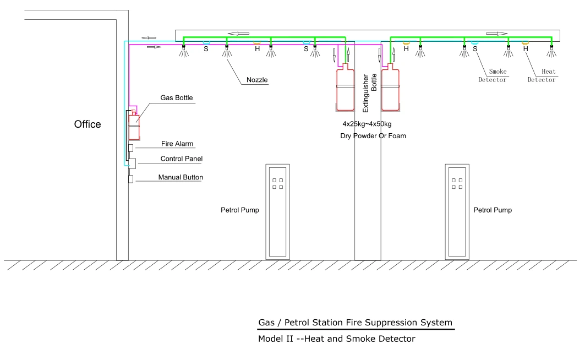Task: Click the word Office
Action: pyautogui.click(x=88, y=124)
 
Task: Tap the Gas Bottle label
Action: pyautogui.click(x=177, y=98)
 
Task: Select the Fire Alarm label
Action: pyautogui.click(x=177, y=144)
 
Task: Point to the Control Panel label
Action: pyautogui.click(x=181, y=159)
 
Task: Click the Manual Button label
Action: pyautogui.click(x=181, y=177)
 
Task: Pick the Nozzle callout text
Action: pyautogui.click(x=256, y=80)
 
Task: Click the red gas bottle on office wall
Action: pyautogui.click(x=134, y=126)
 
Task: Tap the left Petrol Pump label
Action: pyautogui.click(x=239, y=210)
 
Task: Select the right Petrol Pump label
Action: pyautogui.click(x=492, y=210)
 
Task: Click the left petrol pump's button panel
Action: pyautogui.click(x=277, y=183)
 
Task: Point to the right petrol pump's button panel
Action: pyautogui.click(x=457, y=183)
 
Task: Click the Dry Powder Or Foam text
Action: pyautogui.click(x=373, y=135)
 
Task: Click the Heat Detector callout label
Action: pyautogui.click(x=542, y=75)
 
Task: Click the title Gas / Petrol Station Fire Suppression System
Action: pyautogui.click(x=356, y=323)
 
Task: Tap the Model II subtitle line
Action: pyautogui.click(x=336, y=339)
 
